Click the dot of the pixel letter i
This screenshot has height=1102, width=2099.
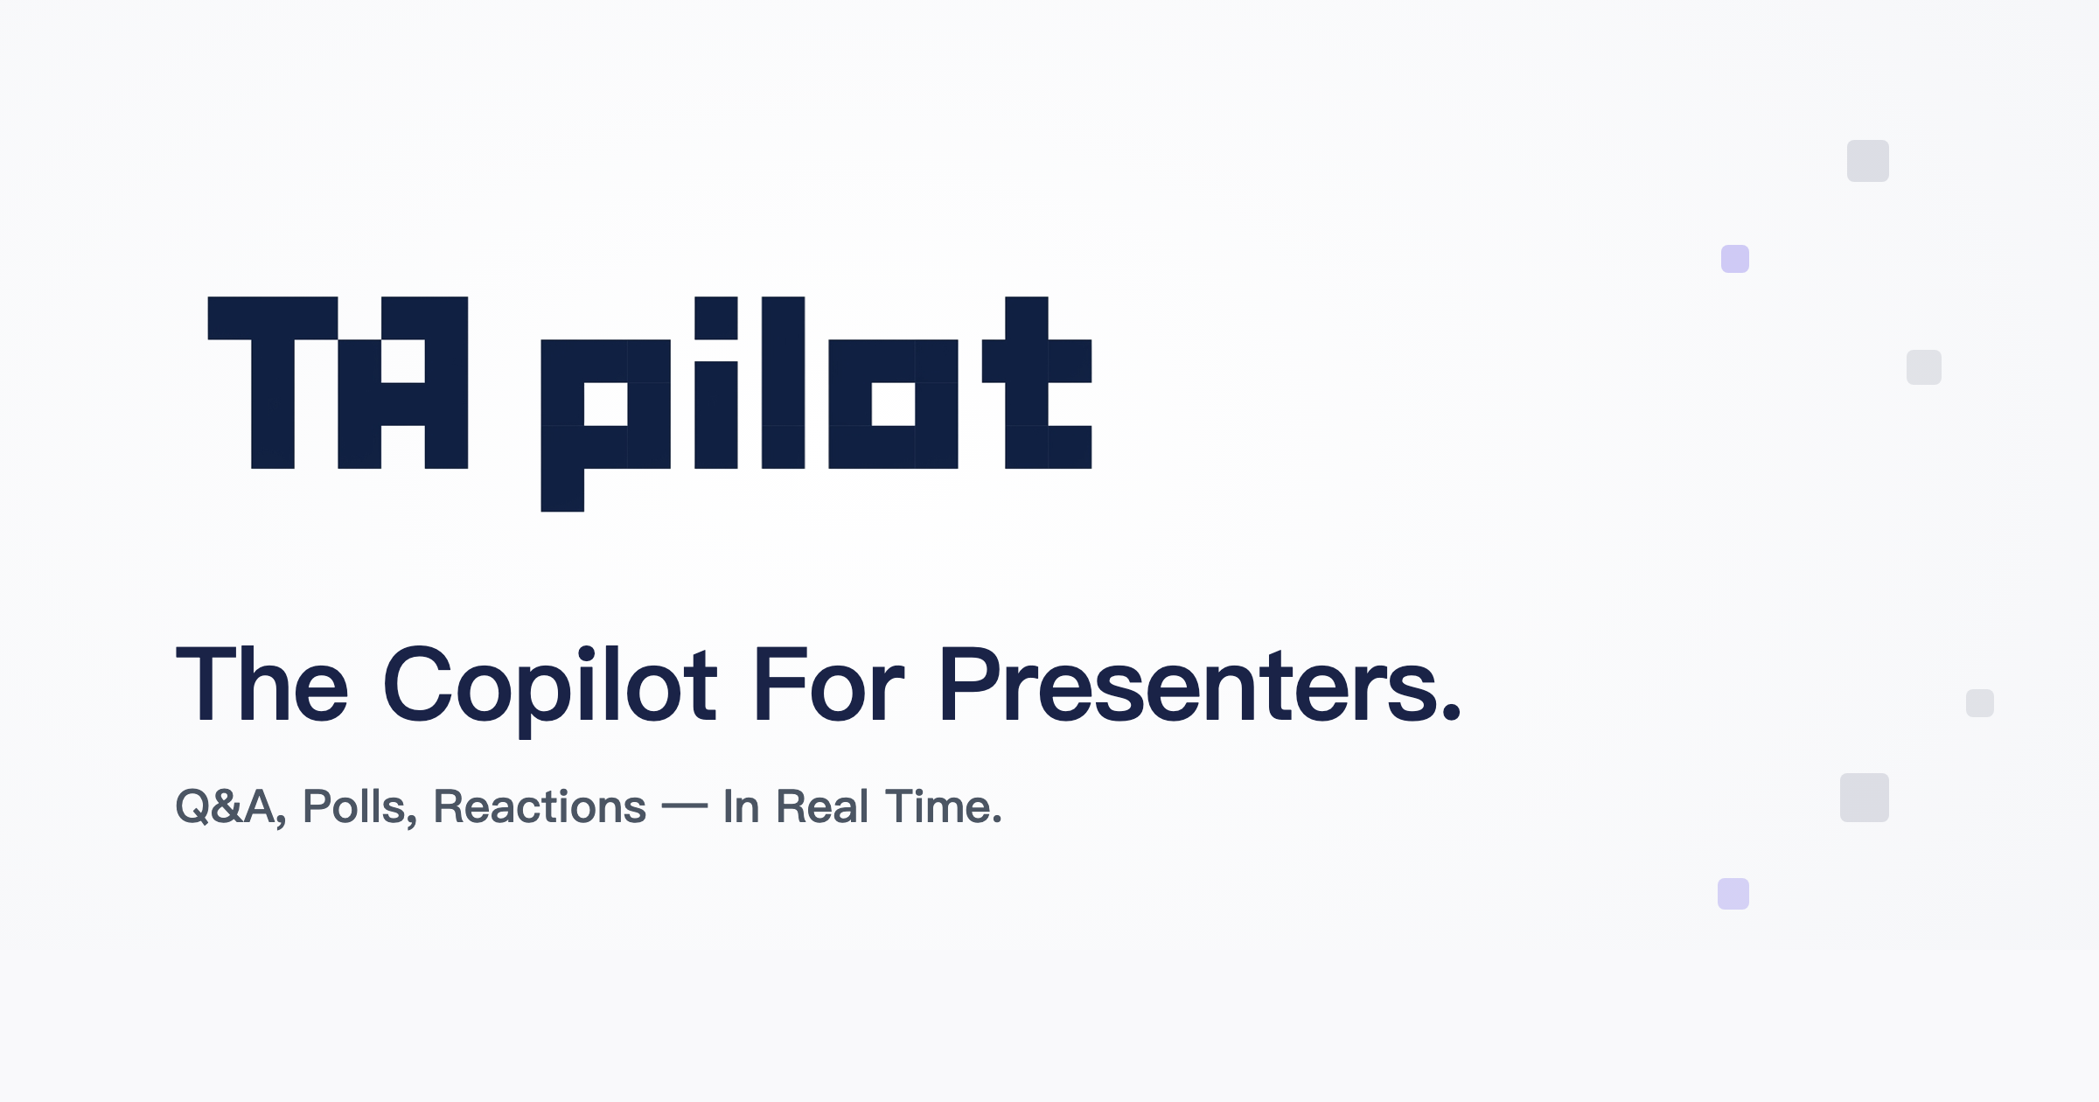click(716, 317)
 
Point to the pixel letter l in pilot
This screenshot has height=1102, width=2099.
click(783, 382)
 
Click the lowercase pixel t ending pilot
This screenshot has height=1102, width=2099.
click(1027, 382)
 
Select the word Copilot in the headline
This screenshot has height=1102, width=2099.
click(550, 691)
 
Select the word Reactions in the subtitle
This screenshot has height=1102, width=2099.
click(540, 807)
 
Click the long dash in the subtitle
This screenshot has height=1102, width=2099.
click(685, 808)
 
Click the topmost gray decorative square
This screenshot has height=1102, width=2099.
click(1868, 161)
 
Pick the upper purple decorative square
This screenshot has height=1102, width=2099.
click(1735, 259)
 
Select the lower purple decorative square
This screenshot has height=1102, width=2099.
click(1733, 894)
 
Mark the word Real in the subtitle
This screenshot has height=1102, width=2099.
click(822, 806)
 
